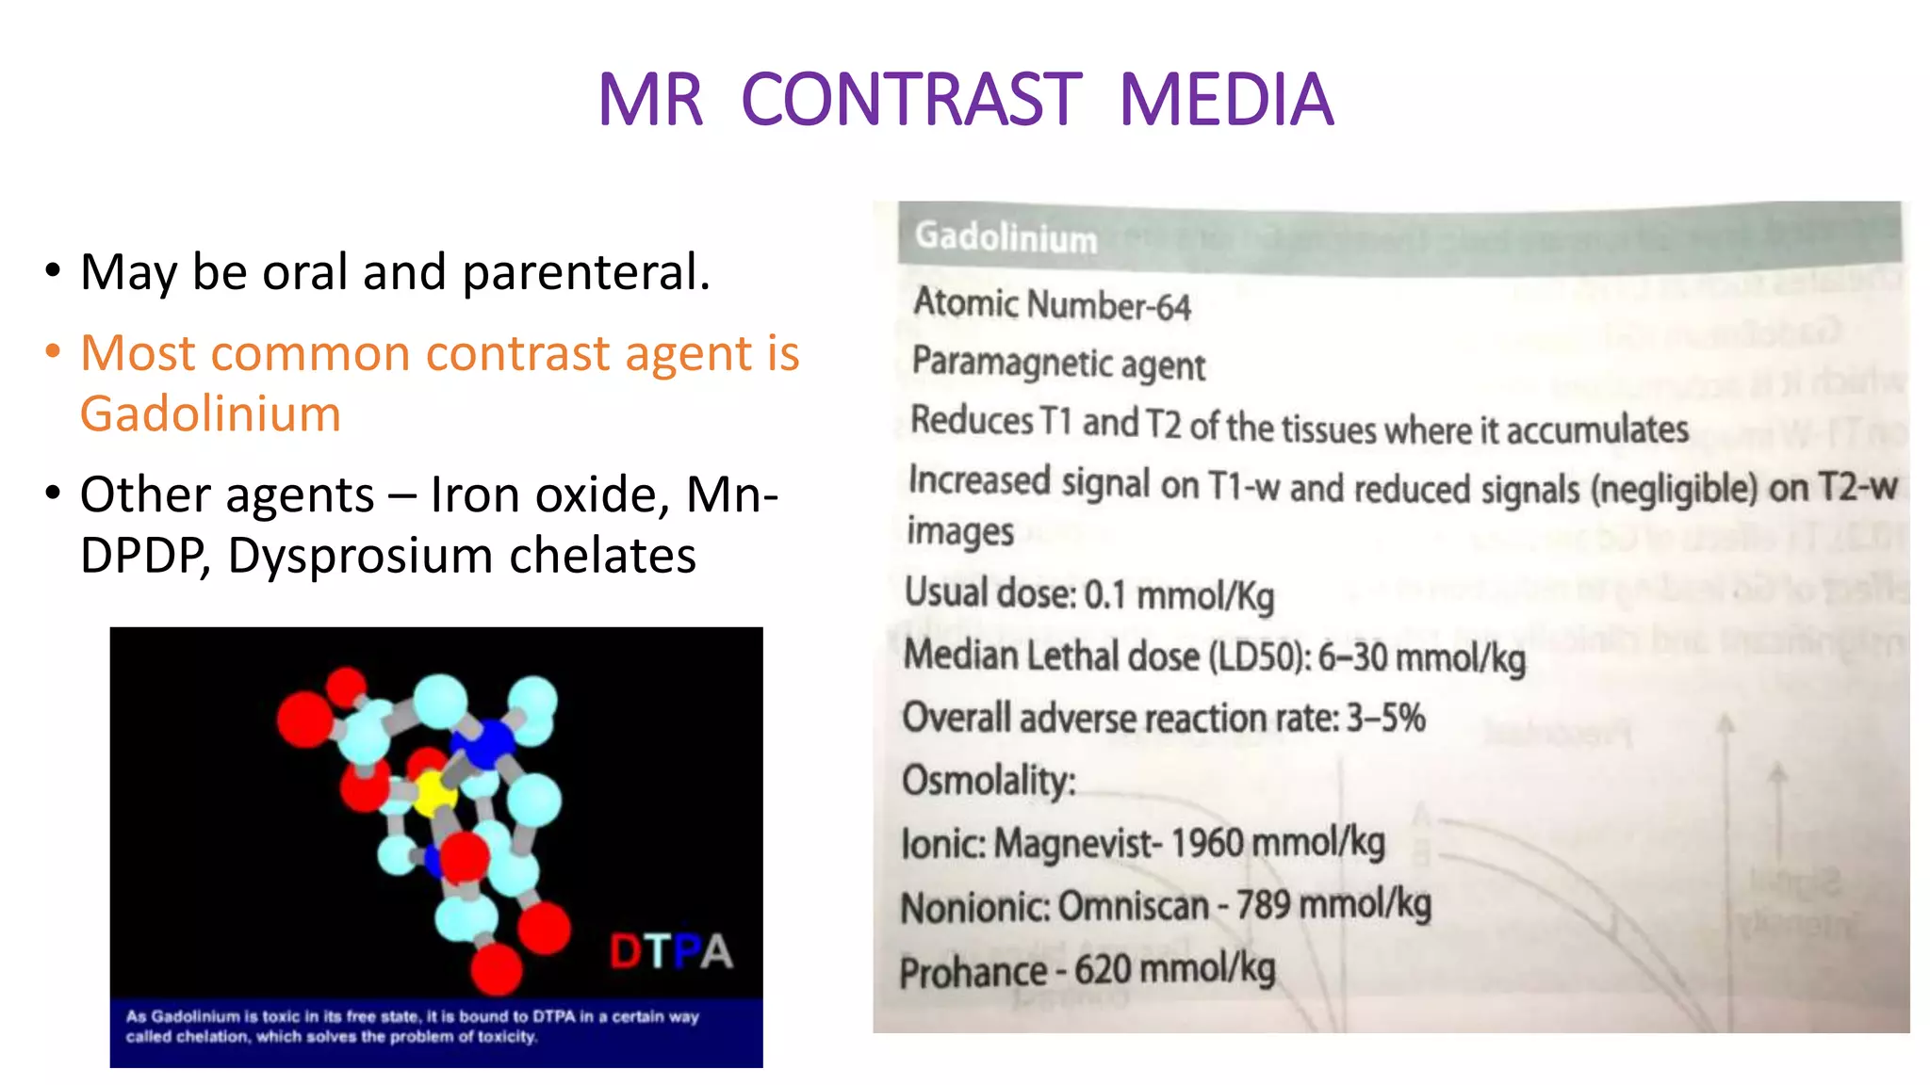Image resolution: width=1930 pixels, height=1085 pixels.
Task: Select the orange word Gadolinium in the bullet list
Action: point(210,414)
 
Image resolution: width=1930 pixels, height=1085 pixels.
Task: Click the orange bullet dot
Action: point(53,352)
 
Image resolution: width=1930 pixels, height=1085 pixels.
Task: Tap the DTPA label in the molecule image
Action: point(671,951)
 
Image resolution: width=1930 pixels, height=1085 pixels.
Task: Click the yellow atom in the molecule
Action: point(433,793)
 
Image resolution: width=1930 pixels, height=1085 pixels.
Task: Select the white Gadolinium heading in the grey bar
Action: point(1006,236)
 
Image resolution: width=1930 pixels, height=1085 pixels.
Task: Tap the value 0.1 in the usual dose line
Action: point(1105,595)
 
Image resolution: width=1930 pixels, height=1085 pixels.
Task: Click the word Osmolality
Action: point(988,781)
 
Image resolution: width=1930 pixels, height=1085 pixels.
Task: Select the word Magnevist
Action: point(1072,843)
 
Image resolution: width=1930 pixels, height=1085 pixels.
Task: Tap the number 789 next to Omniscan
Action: point(1263,905)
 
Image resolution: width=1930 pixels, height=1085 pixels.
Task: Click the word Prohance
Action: point(973,972)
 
